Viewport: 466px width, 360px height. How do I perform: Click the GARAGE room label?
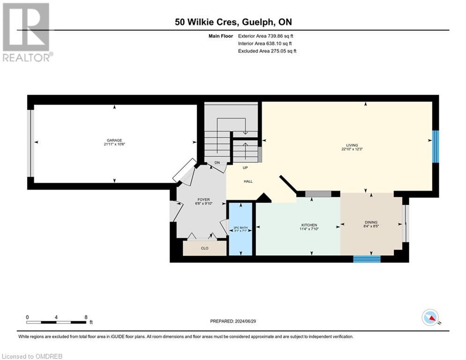[x=114, y=140]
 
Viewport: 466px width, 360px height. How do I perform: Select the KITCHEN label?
[x=309, y=225]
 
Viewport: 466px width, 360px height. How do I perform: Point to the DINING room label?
[x=371, y=222]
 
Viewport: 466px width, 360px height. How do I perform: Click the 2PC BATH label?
[x=240, y=228]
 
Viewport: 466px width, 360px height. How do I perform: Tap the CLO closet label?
[x=204, y=248]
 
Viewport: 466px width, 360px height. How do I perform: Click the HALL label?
[x=248, y=181]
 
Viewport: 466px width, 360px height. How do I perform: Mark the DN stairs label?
[x=217, y=163]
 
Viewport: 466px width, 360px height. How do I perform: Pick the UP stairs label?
[x=244, y=167]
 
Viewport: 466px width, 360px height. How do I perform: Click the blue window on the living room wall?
[x=436, y=146]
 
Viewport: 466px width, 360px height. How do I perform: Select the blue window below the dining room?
[x=367, y=259]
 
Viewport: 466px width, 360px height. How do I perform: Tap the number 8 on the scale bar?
[x=86, y=317]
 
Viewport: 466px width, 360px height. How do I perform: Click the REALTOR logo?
[x=27, y=32]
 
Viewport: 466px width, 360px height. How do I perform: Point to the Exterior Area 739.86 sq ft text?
[x=266, y=36]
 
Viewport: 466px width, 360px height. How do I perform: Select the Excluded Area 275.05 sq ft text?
[x=267, y=51]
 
